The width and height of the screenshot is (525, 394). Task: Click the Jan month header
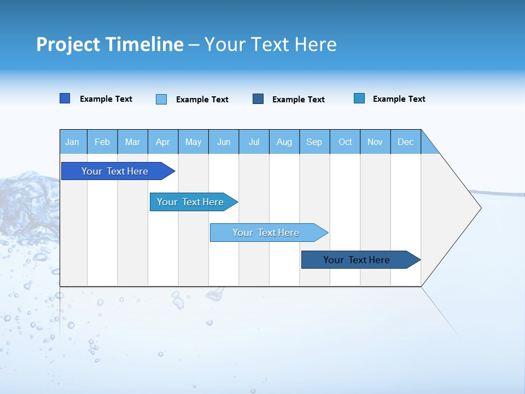[72, 142]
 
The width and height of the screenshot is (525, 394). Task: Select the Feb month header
[102, 142]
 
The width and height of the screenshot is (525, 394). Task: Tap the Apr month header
[162, 142]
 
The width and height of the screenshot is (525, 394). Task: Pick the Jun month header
[224, 142]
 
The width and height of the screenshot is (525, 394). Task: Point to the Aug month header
[284, 142]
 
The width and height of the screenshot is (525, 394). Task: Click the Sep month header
[314, 142]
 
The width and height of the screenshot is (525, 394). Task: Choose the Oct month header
[345, 142]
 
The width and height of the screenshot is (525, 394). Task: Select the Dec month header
[406, 142]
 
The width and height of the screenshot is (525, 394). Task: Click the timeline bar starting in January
[115, 171]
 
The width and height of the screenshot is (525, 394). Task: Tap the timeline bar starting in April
[190, 202]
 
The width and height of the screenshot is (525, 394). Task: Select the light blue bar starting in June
[266, 233]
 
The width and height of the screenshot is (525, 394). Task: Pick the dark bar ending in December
[357, 260]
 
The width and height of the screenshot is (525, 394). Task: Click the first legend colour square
[65, 99]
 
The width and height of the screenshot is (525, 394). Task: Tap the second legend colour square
[161, 99]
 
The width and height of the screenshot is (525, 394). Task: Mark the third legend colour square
[258, 99]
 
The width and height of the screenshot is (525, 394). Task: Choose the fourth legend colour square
[359, 99]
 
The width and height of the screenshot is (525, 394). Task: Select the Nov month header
[375, 142]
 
